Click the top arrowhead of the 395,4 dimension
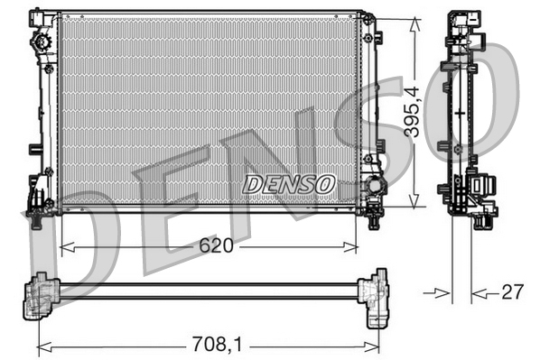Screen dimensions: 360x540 coord(414,17)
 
